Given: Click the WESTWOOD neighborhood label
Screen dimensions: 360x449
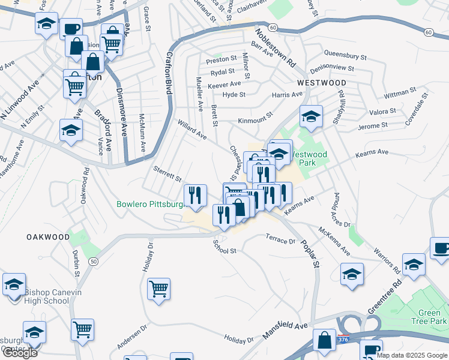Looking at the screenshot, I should coord(321,82).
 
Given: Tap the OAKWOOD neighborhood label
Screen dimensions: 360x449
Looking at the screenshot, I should coord(48,237).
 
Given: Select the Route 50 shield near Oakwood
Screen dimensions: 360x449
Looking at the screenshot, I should coord(93,262).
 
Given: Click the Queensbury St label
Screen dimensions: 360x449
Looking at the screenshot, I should coord(345,56).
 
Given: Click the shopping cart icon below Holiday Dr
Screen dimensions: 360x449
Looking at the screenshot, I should coord(159,289).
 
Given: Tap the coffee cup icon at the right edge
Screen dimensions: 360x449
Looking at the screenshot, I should coord(441,248).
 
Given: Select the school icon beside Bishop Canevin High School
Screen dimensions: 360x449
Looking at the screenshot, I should coord(14,284).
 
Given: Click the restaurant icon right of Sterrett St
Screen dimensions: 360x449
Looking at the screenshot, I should coord(195,194).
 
